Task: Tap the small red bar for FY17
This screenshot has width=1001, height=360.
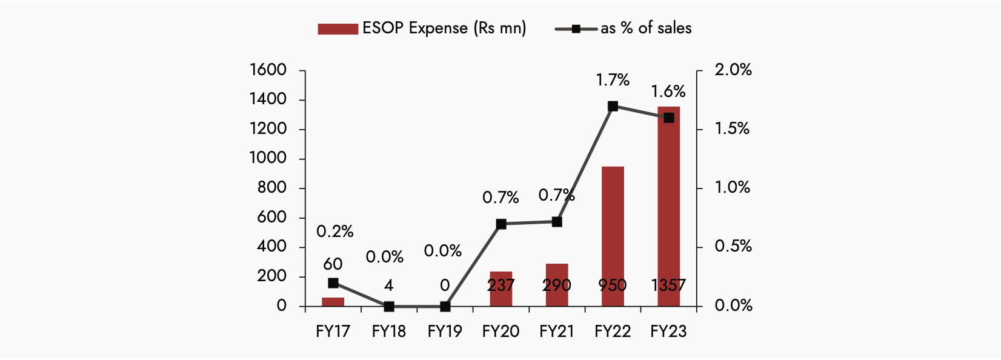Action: tap(333, 302)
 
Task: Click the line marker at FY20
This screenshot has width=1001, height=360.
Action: tap(501, 224)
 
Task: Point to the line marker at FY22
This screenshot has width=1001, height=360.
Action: tap(613, 106)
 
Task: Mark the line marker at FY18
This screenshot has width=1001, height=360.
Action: tap(389, 307)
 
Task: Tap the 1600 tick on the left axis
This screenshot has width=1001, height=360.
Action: tap(268, 70)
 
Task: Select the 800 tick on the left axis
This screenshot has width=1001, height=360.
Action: tap(271, 188)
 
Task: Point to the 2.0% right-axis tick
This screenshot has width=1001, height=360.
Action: tap(733, 70)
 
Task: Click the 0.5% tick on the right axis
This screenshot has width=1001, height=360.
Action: tap(733, 246)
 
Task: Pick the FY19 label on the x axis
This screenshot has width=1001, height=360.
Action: tap(445, 332)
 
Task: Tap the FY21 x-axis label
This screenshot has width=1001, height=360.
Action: tap(557, 332)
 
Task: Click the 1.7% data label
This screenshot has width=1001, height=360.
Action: tap(613, 80)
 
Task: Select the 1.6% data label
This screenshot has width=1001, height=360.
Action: tap(668, 92)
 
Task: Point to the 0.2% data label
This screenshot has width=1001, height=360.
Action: tap(335, 232)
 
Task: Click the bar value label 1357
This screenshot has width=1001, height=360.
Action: tap(668, 285)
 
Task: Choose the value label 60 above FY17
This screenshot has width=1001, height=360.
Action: tap(333, 264)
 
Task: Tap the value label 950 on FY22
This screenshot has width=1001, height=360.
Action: tap(613, 285)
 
